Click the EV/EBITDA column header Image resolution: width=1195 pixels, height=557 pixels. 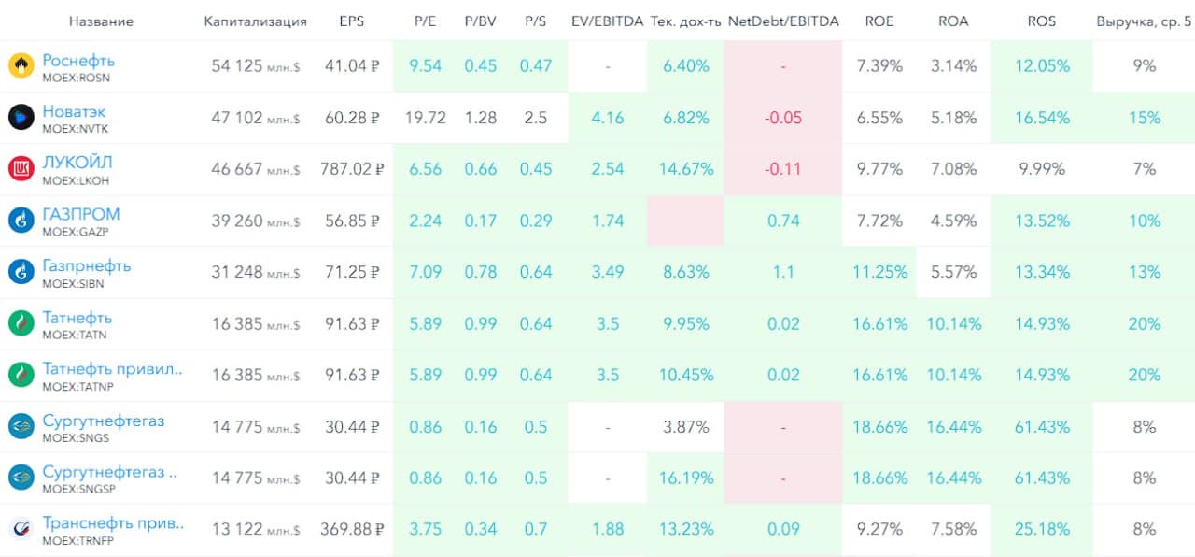click(607, 21)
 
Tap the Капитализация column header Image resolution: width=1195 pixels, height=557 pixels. click(255, 21)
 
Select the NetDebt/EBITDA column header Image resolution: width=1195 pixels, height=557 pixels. click(783, 21)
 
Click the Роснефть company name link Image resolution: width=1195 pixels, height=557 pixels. click(78, 61)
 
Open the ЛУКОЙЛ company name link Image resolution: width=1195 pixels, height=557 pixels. click(77, 164)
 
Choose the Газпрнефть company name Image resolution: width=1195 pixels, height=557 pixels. click(86, 266)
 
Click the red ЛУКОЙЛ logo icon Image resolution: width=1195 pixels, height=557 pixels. click(21, 169)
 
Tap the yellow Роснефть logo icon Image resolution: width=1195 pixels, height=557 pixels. click(21, 66)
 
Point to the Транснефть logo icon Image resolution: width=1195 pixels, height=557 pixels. click(21, 529)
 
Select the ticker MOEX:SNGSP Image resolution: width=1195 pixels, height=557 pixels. click(78, 489)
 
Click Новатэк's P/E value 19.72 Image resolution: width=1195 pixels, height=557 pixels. click(425, 118)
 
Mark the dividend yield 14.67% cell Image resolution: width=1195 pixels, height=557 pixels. click(686, 169)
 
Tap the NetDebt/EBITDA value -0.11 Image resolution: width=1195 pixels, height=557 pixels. click(783, 169)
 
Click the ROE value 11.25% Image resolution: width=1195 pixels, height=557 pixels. click(879, 272)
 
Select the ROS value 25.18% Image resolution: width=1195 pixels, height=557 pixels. click(1042, 529)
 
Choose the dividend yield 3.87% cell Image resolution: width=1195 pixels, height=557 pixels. click(686, 426)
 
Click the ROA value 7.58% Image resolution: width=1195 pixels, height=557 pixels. click(953, 529)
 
